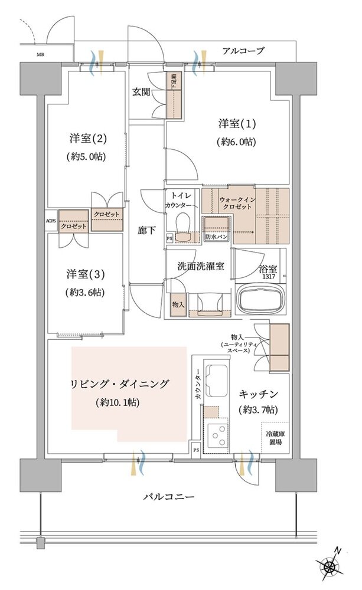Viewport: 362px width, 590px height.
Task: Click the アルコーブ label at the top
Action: tap(243, 51)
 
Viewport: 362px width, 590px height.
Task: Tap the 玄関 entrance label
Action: tap(141, 92)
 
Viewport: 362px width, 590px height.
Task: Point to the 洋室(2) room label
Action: tap(87, 139)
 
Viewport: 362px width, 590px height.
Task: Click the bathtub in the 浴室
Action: tap(260, 297)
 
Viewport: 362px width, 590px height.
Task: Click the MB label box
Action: tap(40, 56)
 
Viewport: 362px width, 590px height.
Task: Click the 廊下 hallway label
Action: tap(146, 230)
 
